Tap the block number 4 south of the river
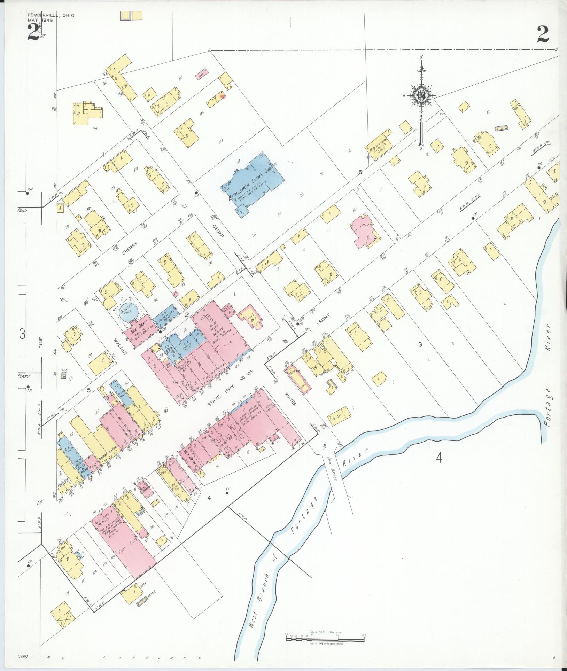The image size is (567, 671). [x=438, y=458]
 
